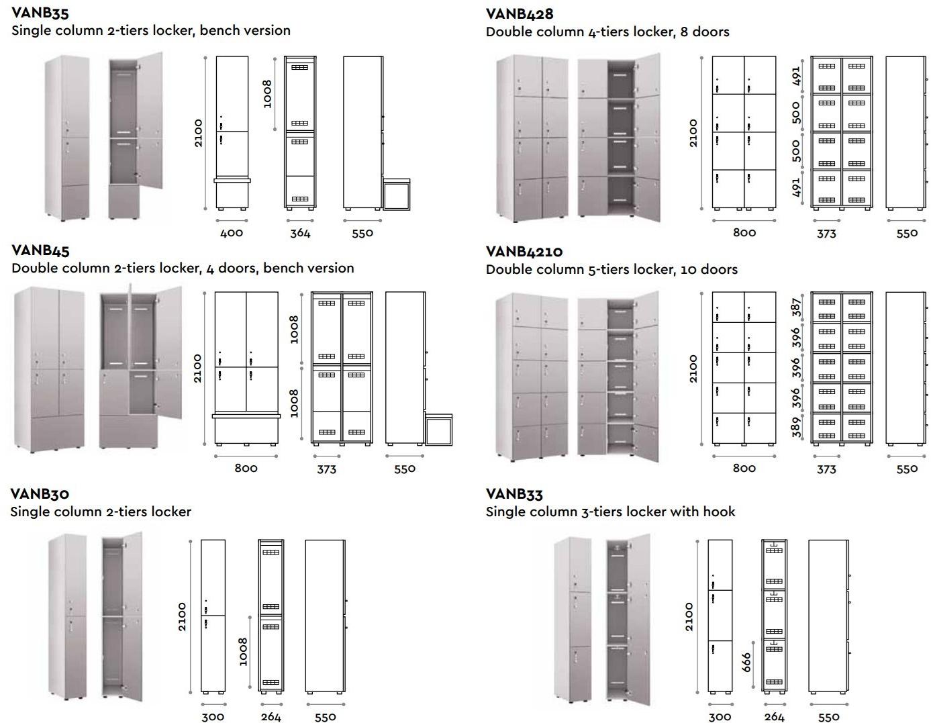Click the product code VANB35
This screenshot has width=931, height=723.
pos(40,12)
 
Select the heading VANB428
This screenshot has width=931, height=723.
pos(519,13)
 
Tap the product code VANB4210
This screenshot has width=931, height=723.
pos(524,251)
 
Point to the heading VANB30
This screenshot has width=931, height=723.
pos(40,494)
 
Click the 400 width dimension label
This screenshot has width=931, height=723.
pos(232,233)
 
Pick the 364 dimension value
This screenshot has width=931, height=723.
pos(300,233)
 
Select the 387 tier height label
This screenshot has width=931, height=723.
pos(797,307)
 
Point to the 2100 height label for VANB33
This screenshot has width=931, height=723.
pos(689,616)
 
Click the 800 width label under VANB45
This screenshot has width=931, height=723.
pos(246,468)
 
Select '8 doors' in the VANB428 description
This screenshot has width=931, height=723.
pos(704,32)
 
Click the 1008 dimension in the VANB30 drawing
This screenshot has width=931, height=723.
pos(243,651)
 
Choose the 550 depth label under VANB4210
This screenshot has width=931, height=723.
pos(906,469)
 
